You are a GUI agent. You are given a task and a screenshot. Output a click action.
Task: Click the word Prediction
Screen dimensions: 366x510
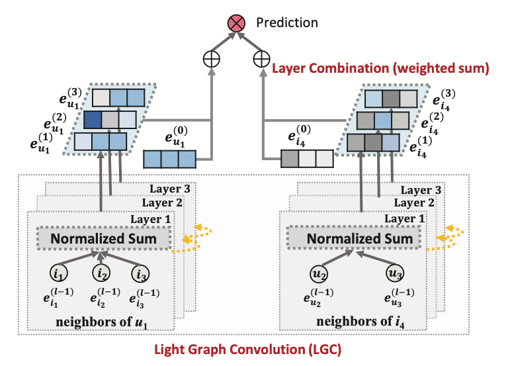click(287, 23)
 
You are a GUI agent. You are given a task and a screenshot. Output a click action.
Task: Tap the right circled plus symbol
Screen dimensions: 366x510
click(262, 60)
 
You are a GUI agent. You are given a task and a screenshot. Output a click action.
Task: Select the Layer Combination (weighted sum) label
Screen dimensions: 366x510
click(380, 68)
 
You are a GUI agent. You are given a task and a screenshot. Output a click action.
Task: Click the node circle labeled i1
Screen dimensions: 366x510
click(59, 272)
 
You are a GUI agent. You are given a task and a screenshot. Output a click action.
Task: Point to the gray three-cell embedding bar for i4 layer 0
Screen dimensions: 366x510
click(306, 159)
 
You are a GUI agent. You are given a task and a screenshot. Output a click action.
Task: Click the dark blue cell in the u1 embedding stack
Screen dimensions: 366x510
click(93, 120)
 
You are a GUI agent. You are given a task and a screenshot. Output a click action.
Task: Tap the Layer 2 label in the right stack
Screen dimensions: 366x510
click(421, 203)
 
